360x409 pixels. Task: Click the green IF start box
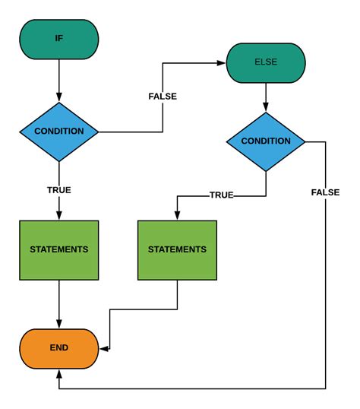(x=59, y=38)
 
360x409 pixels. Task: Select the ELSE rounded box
(x=266, y=62)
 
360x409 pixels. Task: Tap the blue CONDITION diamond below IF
(x=59, y=132)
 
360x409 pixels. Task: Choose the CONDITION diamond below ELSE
(x=266, y=141)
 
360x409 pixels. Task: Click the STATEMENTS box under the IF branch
(x=59, y=249)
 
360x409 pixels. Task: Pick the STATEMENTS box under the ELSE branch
(x=177, y=249)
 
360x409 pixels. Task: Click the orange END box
(x=59, y=347)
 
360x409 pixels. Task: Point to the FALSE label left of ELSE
(x=163, y=97)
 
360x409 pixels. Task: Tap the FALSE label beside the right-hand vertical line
(x=325, y=192)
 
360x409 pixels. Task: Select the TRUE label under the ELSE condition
(x=221, y=195)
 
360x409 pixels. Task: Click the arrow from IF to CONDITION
(x=59, y=80)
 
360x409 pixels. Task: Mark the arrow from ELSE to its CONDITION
(x=266, y=97)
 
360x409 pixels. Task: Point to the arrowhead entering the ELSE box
(x=223, y=62)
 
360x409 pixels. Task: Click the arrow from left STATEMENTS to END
(x=59, y=303)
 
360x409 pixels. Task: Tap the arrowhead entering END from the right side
(x=103, y=350)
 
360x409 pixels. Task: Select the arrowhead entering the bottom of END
(x=59, y=372)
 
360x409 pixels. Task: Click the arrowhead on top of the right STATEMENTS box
(x=177, y=216)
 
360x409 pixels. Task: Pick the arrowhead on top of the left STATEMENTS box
(x=59, y=216)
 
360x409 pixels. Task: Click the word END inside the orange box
(x=59, y=347)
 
